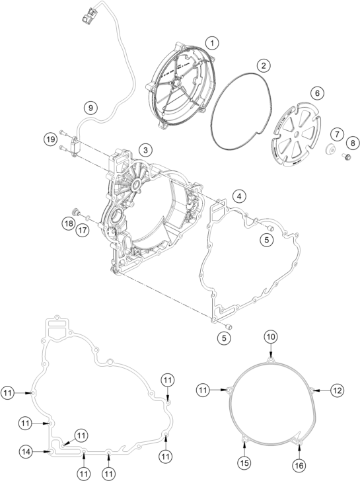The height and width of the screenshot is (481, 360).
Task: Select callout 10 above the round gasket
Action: tap(271, 336)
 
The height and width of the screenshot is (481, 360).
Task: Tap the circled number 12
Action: tap(337, 390)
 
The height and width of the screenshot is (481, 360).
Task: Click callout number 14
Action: tap(26, 451)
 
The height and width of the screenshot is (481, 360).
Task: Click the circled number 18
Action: tap(68, 223)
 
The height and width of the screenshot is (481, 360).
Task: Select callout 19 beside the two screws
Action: tap(50, 139)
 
